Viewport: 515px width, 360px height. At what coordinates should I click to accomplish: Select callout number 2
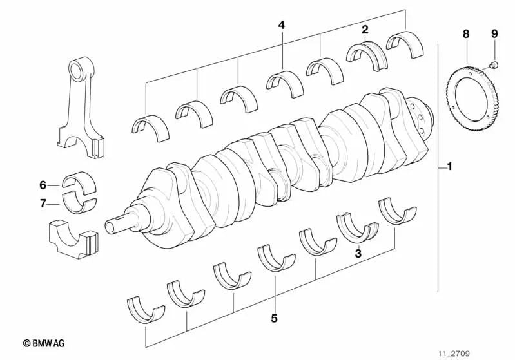365,29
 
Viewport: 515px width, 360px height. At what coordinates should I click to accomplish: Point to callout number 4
281,25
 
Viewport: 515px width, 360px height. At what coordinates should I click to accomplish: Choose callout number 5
274,317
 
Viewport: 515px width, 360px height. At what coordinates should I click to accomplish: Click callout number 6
43,185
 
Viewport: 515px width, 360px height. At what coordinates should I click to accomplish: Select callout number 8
465,33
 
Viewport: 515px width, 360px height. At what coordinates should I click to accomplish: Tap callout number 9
494,33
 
